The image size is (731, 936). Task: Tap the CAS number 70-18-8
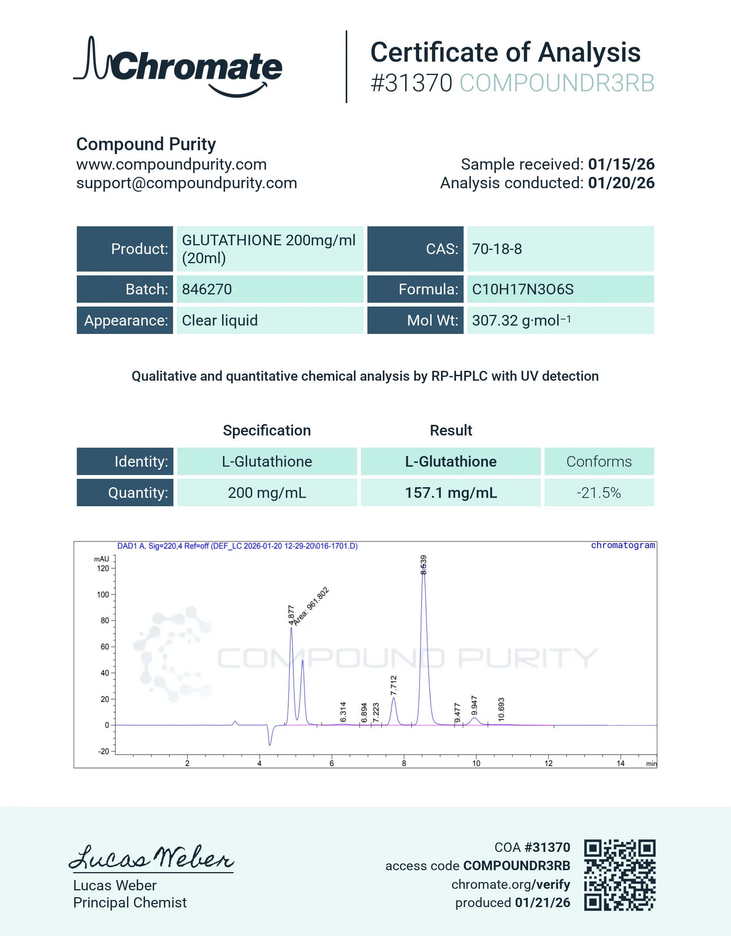[497, 249]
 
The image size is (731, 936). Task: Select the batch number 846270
[207, 289]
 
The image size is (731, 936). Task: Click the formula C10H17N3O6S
[522, 289]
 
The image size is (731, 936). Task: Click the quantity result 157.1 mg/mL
[451, 493]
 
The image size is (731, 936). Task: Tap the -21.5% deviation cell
[599, 493]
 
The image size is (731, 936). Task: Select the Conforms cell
[599, 462]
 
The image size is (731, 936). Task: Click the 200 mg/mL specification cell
[267, 493]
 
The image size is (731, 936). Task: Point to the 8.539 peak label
[423, 565]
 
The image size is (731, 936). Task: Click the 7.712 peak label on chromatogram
[394, 685]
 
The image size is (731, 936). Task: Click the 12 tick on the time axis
[548, 763]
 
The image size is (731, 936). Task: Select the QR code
[620, 875]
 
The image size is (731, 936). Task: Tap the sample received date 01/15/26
[621, 164]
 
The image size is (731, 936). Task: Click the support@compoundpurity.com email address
[186, 183]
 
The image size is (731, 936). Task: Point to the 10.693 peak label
[501, 709]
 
